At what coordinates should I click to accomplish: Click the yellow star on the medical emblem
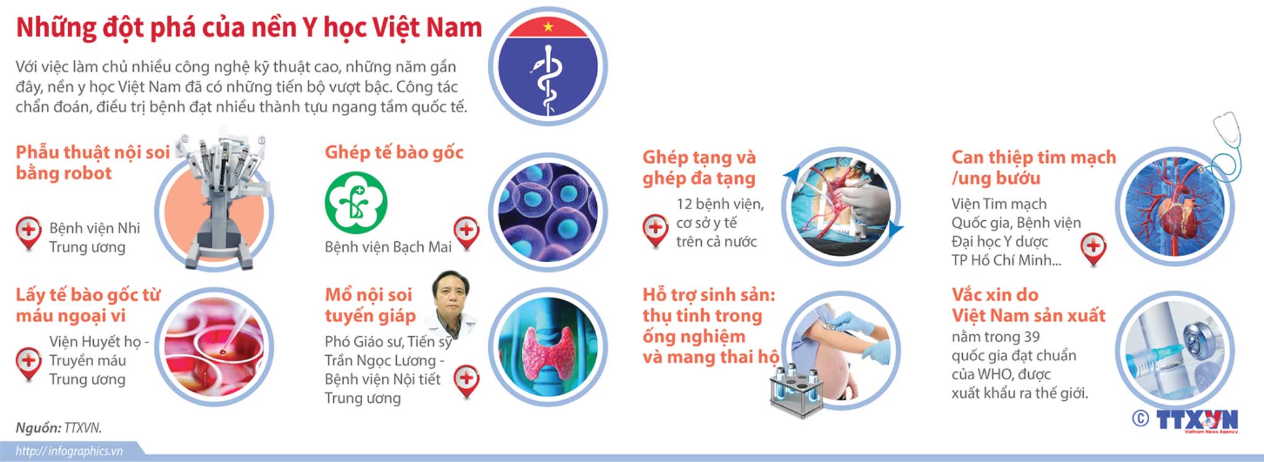pos(547,27)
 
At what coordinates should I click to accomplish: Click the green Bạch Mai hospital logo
pos(355,202)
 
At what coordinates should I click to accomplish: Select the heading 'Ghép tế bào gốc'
pos(394,152)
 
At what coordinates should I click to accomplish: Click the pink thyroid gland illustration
pos(548,352)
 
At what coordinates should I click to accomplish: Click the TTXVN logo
pos(1197,421)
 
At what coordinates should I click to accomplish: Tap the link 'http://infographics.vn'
pos(69,451)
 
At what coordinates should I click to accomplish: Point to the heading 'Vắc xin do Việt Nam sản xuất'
pos(1028,305)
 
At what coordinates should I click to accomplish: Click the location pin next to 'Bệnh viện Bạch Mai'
pos(467,233)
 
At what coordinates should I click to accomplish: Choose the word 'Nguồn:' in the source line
pos(38,427)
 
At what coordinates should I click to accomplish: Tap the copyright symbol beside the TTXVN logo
pos(1141,419)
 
